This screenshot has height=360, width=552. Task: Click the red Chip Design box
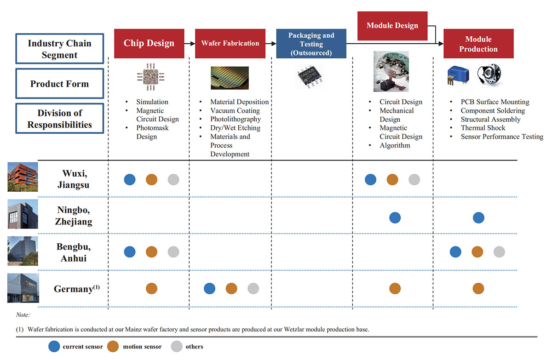149,44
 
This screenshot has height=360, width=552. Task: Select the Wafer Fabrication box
230,44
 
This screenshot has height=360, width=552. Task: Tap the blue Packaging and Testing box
311,44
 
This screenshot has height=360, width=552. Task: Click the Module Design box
392,26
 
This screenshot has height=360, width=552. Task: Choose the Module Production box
478,44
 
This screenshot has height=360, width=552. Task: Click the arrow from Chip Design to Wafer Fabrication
190,44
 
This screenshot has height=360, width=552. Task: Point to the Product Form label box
59,84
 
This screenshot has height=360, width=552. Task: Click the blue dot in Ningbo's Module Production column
478,217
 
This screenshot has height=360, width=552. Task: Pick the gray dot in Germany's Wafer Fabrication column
253,288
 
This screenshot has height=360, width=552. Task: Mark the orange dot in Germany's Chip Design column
151,288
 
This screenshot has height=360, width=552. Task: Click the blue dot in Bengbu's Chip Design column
130,251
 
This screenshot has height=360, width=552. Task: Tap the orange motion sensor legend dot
113,346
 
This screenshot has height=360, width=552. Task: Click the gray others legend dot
176,346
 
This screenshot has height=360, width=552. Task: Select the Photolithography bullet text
235,119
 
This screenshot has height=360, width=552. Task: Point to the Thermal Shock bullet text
483,128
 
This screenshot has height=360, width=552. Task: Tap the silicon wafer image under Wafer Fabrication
230,77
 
